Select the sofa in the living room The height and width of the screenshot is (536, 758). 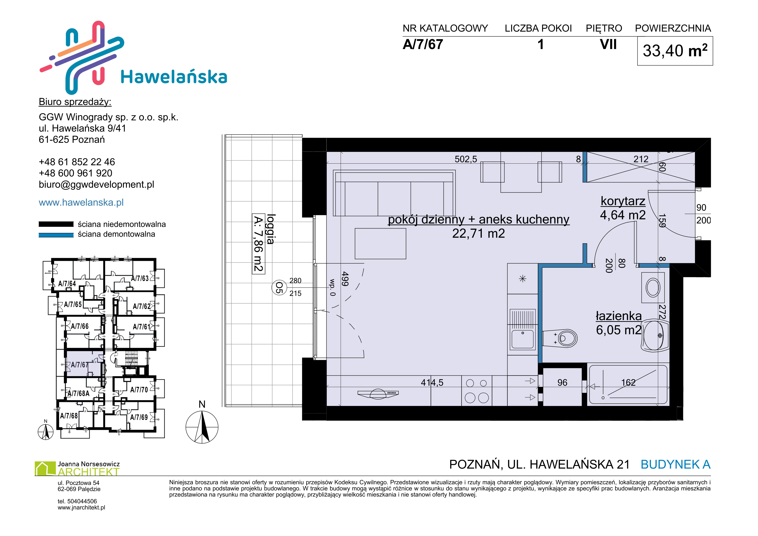[x=394, y=193]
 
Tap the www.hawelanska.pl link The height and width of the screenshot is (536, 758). [x=81, y=202]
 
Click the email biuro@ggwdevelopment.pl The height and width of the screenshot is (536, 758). [x=96, y=185]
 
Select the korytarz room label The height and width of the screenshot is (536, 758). [x=623, y=201]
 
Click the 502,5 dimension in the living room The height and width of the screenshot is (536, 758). [x=466, y=160]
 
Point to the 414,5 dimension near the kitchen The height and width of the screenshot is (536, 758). [x=432, y=383]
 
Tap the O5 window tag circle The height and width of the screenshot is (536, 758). [x=279, y=287]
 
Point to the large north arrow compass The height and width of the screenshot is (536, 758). [x=202, y=427]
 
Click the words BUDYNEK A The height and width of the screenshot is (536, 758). [x=675, y=464]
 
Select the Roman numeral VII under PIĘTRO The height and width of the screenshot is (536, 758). [x=608, y=45]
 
